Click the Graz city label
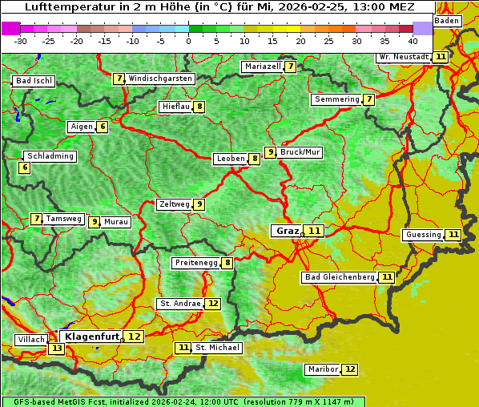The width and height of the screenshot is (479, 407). pyautogui.click(x=287, y=231)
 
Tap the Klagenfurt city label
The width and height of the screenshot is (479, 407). pyautogui.click(x=92, y=336)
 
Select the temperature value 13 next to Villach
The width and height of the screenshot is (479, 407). pyautogui.click(x=56, y=349)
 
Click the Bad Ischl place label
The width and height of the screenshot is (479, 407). pyautogui.click(x=34, y=81)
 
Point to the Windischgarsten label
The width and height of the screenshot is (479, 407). pyautogui.click(x=160, y=79)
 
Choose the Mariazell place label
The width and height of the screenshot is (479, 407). pyautogui.click(x=263, y=66)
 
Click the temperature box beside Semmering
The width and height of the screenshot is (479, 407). pyautogui.click(x=368, y=99)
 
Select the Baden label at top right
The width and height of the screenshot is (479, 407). pyautogui.click(x=447, y=20)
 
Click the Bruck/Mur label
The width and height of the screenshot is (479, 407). pyautogui.click(x=300, y=152)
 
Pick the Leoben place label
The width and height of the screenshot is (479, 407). pyautogui.click(x=231, y=159)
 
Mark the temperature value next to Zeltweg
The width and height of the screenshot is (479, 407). pyautogui.click(x=199, y=204)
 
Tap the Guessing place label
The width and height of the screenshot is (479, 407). pyautogui.click(x=424, y=235)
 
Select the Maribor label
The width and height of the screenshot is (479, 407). pyautogui.click(x=322, y=369)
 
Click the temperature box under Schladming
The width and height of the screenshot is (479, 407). pyautogui.click(x=25, y=167)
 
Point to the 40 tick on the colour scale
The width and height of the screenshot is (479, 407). pyautogui.click(x=413, y=40)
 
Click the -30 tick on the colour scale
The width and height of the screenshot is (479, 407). pyautogui.click(x=20, y=40)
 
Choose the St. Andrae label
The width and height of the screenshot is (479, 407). pyautogui.click(x=179, y=304)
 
